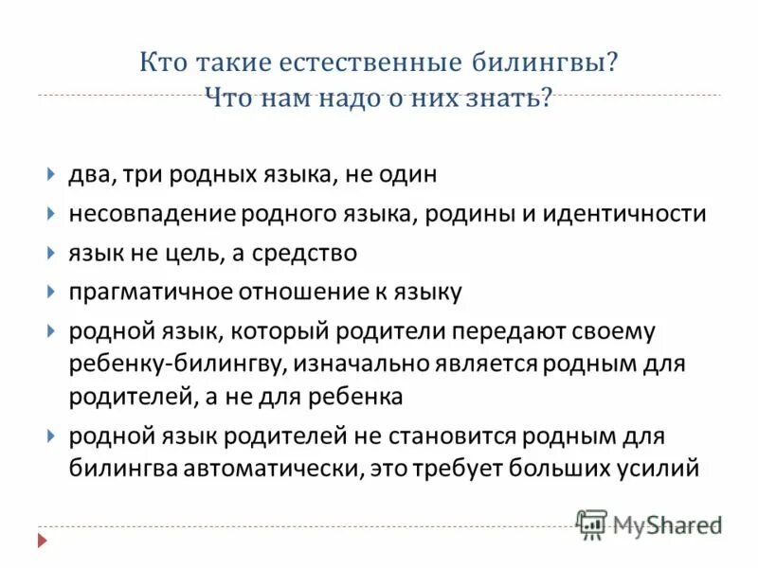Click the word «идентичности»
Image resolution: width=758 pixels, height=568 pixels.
pos(625,214)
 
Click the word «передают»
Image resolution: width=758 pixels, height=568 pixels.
pos(520,332)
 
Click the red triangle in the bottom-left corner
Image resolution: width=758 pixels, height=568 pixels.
pos(41,541)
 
